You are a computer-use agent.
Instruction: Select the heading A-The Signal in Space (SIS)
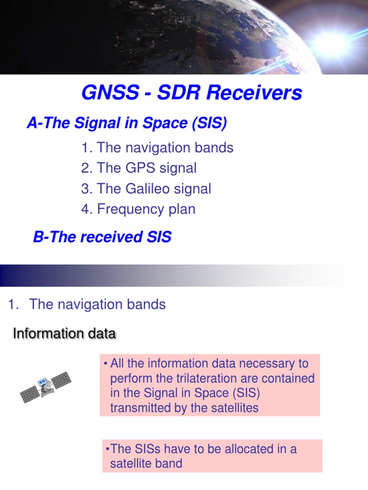pyautogui.click(x=126, y=123)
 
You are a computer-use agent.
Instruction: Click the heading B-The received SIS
pyautogui.click(x=102, y=237)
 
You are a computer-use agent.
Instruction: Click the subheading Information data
pyautogui.click(x=64, y=334)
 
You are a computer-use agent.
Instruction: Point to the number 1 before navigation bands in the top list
pyautogui.click(x=86, y=148)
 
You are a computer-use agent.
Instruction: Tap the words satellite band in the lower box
pyautogui.click(x=146, y=464)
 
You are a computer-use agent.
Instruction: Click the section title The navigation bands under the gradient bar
pyautogui.click(x=97, y=304)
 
